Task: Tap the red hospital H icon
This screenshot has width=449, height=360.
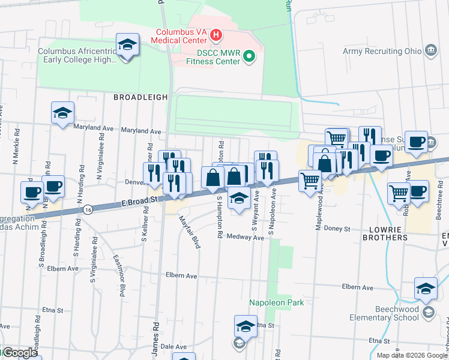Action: (x=216, y=38)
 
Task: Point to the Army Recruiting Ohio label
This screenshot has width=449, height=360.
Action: (x=382, y=51)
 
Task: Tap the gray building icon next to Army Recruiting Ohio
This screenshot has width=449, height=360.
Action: (x=430, y=50)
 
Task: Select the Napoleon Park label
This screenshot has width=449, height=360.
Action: (x=277, y=303)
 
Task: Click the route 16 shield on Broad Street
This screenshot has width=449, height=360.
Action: (x=88, y=209)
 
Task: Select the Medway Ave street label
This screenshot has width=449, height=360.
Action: (x=246, y=238)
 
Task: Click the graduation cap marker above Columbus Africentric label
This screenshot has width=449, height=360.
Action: (x=127, y=46)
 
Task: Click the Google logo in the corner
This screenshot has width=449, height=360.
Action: (x=19, y=353)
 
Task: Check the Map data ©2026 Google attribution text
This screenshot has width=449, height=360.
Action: (x=411, y=355)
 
